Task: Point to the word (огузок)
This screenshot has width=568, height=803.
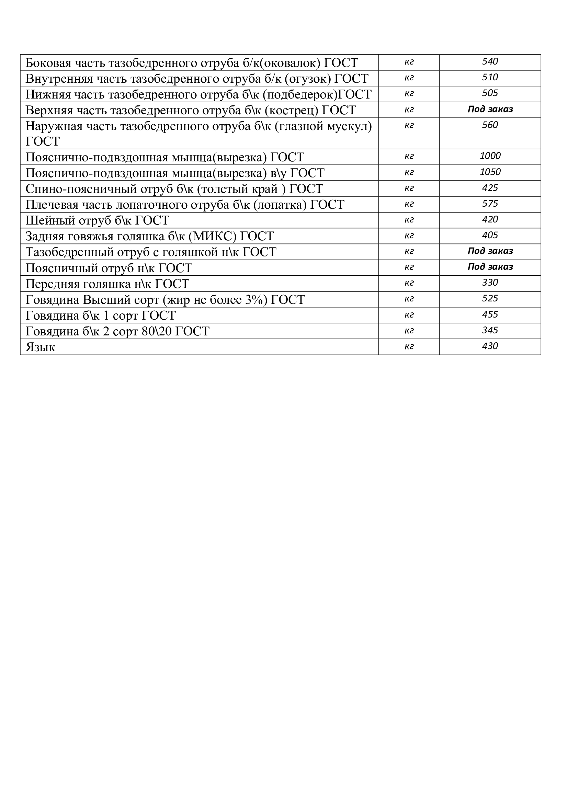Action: pos(308,79)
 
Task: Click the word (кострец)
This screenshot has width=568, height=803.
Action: pos(292,110)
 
